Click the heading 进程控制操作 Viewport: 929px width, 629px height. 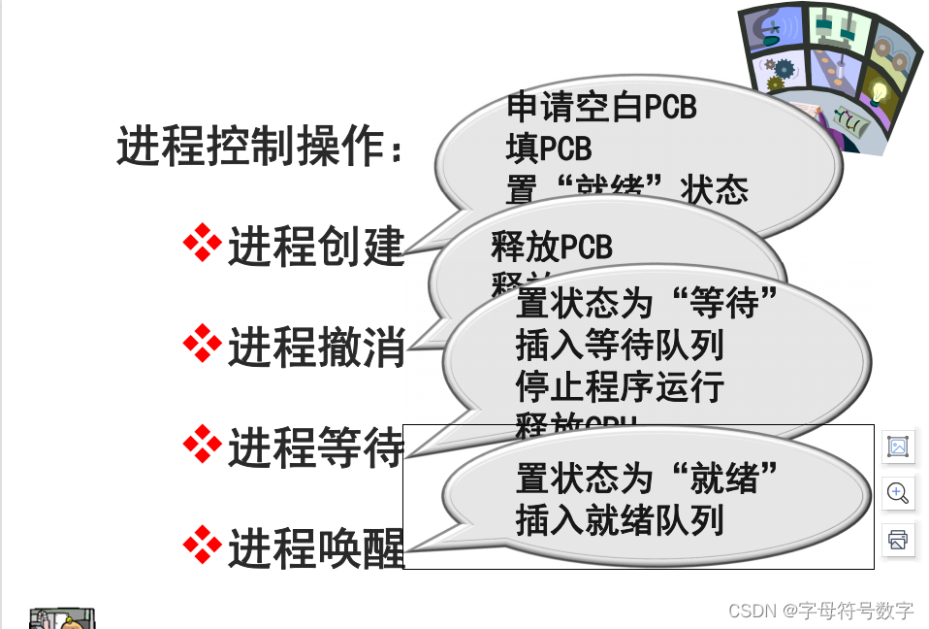[x=260, y=148]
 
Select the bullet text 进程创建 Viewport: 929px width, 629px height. [x=315, y=248]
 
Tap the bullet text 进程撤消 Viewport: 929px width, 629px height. [x=315, y=348]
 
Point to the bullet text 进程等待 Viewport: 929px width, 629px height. [x=315, y=448]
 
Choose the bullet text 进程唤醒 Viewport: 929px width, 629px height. [x=315, y=550]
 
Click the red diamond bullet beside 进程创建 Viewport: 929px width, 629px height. [x=202, y=244]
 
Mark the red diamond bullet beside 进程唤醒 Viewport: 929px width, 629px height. [x=202, y=546]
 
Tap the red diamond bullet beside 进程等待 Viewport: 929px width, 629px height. [x=202, y=444]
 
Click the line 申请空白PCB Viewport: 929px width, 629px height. [x=601, y=107]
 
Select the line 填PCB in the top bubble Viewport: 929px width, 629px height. [x=548, y=149]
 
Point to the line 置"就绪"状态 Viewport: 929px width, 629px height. [x=626, y=189]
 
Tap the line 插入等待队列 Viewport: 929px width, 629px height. [x=620, y=345]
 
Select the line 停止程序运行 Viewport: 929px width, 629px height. [x=620, y=386]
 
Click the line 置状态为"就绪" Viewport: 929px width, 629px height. [x=648, y=478]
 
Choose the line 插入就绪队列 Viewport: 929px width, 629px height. [x=620, y=520]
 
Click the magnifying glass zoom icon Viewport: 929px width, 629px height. [x=898, y=492]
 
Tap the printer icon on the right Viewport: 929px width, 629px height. [x=898, y=539]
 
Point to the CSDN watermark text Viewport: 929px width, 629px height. [x=820, y=611]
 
